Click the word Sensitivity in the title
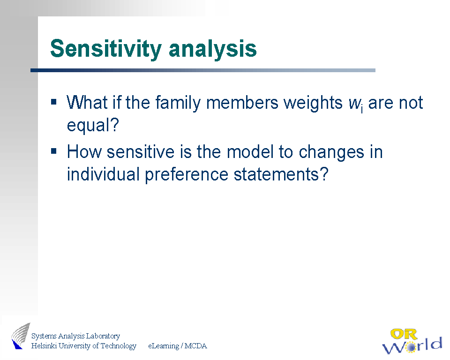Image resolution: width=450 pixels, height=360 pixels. point(106,49)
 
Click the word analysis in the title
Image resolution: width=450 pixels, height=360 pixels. point(213,49)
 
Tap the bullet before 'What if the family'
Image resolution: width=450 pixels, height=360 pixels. point(53,102)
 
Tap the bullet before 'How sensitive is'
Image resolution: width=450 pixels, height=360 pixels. point(53,151)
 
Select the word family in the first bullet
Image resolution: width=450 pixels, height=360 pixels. point(178,103)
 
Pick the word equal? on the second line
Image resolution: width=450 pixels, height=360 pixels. point(93,126)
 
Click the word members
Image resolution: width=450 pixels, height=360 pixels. point(242,103)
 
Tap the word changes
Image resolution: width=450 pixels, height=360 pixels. point(331,152)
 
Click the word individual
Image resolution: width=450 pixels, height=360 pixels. point(103,174)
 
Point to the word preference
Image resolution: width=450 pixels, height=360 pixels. point(187,175)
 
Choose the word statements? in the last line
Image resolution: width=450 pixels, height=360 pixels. point(281,174)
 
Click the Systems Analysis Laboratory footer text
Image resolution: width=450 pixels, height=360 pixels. point(75,336)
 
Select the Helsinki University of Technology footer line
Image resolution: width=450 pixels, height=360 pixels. point(84,345)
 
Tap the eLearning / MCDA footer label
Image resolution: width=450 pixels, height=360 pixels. point(177,346)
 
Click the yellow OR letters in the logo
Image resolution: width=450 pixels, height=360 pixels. point(403,334)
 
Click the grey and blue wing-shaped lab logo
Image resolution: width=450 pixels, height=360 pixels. point(21,336)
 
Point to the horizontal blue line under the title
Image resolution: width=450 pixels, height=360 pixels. point(203,70)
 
